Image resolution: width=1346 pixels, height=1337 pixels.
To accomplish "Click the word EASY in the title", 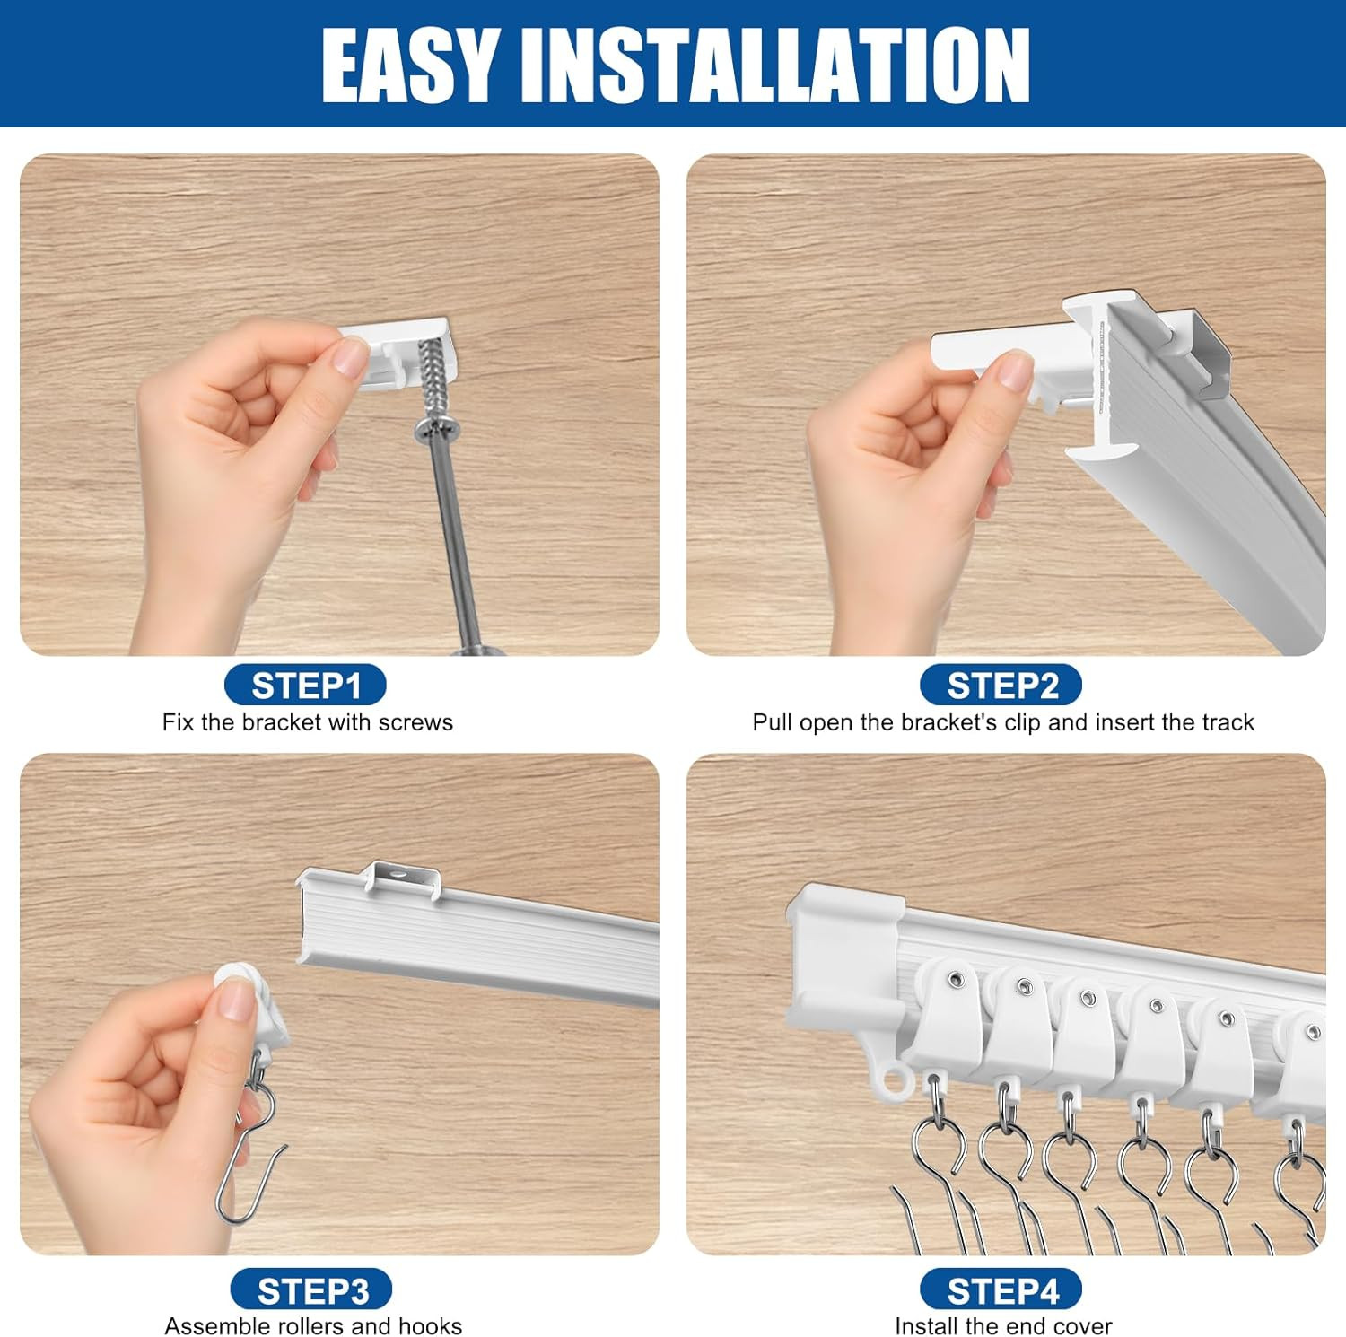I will coord(409,66).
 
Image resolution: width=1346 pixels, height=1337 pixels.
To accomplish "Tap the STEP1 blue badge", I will coord(305,686).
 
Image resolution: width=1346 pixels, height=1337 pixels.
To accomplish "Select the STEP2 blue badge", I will coord(1001,686).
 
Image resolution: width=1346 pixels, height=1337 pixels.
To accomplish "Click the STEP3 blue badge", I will coord(311,1290).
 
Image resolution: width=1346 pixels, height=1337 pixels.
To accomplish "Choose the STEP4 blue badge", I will coord(1001,1290).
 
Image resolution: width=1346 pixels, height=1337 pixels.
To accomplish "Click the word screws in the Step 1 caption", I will coord(415,722).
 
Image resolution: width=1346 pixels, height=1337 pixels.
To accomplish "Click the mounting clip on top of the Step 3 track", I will coord(402,879).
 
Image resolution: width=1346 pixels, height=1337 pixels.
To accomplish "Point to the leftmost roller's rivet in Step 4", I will coord(957,979).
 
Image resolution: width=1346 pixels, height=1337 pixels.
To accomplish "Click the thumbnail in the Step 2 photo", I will coord(1014,370).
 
